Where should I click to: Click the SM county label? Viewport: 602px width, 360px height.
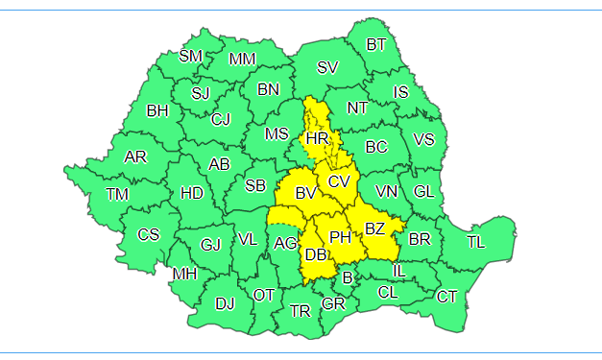pyautogui.click(x=191, y=56)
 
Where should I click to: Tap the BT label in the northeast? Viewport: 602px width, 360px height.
pyautogui.click(x=376, y=44)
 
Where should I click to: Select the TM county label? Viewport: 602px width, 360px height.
pyautogui.click(x=117, y=194)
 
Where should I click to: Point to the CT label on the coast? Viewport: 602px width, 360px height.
pyautogui.click(x=446, y=297)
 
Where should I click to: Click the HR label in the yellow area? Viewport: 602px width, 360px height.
pyautogui.click(x=318, y=140)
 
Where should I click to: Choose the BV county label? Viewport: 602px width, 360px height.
pyautogui.click(x=305, y=194)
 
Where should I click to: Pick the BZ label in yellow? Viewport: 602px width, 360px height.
pyautogui.click(x=374, y=228)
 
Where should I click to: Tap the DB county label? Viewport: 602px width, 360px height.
pyautogui.click(x=316, y=254)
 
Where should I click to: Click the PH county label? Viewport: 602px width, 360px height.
pyautogui.click(x=340, y=236)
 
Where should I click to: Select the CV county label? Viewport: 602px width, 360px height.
pyautogui.click(x=338, y=181)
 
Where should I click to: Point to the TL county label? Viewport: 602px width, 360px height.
pyautogui.click(x=475, y=242)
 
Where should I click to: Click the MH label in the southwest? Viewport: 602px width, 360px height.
pyautogui.click(x=184, y=275)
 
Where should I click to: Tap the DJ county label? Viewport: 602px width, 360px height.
pyautogui.click(x=225, y=304)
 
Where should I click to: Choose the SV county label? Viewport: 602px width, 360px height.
pyautogui.click(x=327, y=67)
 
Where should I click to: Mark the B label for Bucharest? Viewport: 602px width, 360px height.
pyautogui.click(x=348, y=278)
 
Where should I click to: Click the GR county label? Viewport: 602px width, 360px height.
pyautogui.click(x=333, y=304)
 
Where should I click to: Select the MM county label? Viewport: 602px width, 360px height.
pyautogui.click(x=243, y=60)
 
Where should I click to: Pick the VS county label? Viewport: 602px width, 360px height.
pyautogui.click(x=423, y=140)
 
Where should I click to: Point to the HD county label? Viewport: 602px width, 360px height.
pyautogui.click(x=192, y=193)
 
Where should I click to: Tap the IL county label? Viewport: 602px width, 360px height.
pyautogui.click(x=398, y=270)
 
